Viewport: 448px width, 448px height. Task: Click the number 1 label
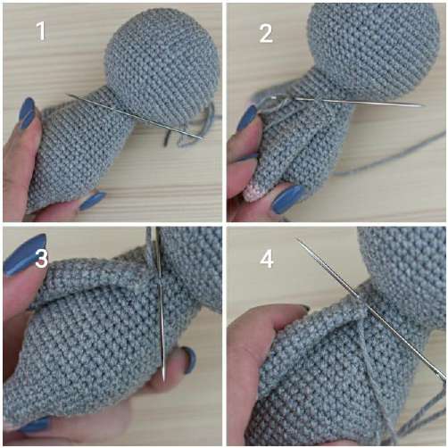(41, 31)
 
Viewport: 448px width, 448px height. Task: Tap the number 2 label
(266, 33)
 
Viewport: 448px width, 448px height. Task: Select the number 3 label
(41, 258)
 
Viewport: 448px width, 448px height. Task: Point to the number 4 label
(267, 258)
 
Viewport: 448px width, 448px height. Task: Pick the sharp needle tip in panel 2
(424, 105)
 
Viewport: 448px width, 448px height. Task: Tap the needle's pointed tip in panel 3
(164, 379)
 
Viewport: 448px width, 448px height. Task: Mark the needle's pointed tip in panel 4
(296, 238)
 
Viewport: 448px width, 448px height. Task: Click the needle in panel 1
(135, 116)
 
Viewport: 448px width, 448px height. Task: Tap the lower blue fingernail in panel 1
(92, 201)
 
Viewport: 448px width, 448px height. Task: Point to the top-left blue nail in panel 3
(25, 254)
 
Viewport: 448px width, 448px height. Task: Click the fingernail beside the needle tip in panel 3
(189, 360)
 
